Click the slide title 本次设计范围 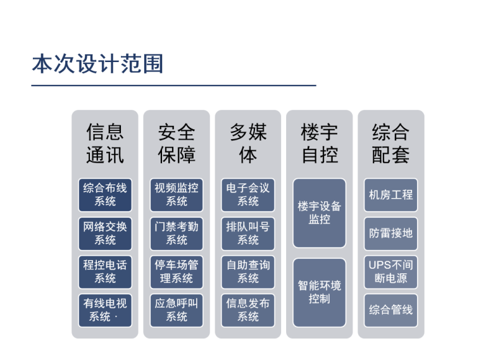coord(97,64)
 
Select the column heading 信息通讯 coord(105,144)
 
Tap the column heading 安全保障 coord(177,144)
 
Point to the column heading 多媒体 coord(248,144)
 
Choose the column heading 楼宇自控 coord(320,144)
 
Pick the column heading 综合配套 coord(391,144)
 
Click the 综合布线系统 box coord(105,195)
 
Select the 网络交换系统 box coord(105,233)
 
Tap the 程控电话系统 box coord(105,271)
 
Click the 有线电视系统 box coord(105,310)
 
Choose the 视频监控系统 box coord(177,195)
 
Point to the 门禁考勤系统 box coord(177,233)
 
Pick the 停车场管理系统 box coord(177,271)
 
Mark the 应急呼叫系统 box coord(177,310)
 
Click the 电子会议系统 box coord(248,195)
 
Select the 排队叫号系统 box coord(248,233)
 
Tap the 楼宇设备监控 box coord(320,213)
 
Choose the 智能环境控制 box coord(320,292)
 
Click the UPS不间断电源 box coord(391,271)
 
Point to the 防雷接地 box coord(391,233)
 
